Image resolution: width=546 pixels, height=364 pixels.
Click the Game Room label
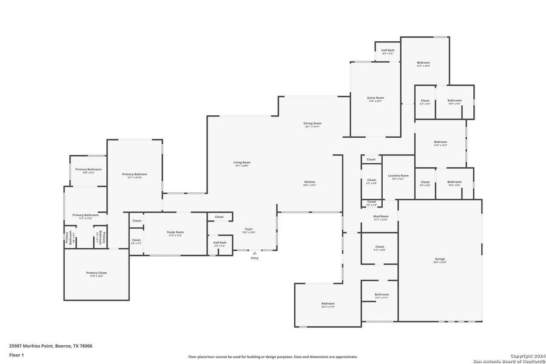pos(376,98)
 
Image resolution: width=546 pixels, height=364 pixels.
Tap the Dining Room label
pos(312,123)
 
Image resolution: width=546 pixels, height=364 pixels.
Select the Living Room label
pos(242,162)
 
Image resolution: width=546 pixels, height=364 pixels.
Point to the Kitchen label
pos(309,182)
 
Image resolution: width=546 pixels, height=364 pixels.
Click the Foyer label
pos(249,229)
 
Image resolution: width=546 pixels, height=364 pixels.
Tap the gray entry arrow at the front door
pos(254,253)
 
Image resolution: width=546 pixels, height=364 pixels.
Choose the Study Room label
pos(175,232)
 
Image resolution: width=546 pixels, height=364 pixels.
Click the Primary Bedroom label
pos(135,174)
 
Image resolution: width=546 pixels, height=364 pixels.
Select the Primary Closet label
pos(96,273)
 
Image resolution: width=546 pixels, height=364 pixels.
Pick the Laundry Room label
pos(399,175)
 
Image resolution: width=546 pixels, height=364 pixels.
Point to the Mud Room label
pos(381,216)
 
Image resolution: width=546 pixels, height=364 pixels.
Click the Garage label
pos(439,259)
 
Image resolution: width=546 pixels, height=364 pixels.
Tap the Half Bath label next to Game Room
pos(388,50)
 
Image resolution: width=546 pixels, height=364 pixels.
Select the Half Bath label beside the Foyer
pos(220,242)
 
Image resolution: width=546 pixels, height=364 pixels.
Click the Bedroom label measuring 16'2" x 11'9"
pos(328,303)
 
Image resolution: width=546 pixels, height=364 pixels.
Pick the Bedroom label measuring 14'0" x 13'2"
pos(440,142)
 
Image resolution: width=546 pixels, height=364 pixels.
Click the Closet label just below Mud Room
pos(379,246)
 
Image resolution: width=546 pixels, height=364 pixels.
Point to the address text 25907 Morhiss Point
pos(51,345)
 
